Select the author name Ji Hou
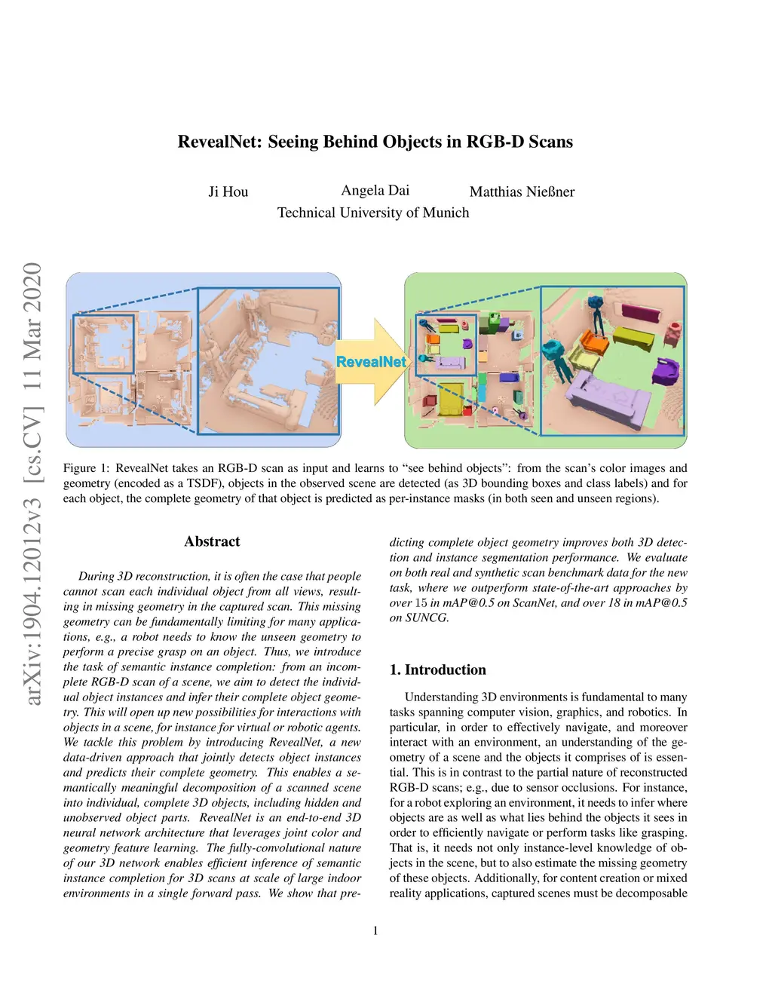point(228,192)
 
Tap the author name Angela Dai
point(375,190)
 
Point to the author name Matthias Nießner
point(522,192)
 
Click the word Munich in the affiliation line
point(446,213)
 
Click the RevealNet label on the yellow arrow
point(370,362)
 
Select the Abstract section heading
point(212,541)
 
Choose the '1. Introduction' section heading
point(437,670)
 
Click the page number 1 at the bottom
point(375,930)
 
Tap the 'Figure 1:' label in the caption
point(86,468)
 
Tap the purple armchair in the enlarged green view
point(666,372)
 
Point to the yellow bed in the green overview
point(452,397)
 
